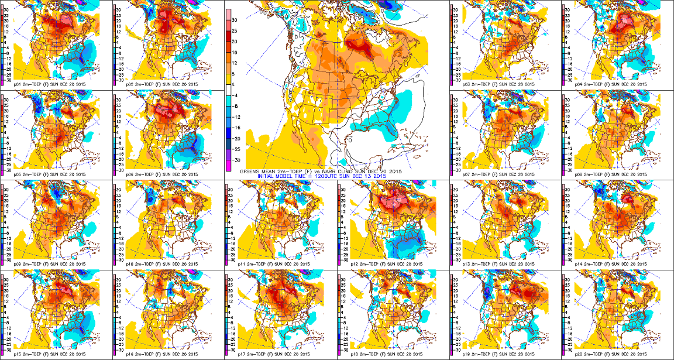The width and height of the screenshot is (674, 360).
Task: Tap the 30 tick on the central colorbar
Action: point(235,19)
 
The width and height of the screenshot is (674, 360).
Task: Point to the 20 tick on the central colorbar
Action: point(235,42)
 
